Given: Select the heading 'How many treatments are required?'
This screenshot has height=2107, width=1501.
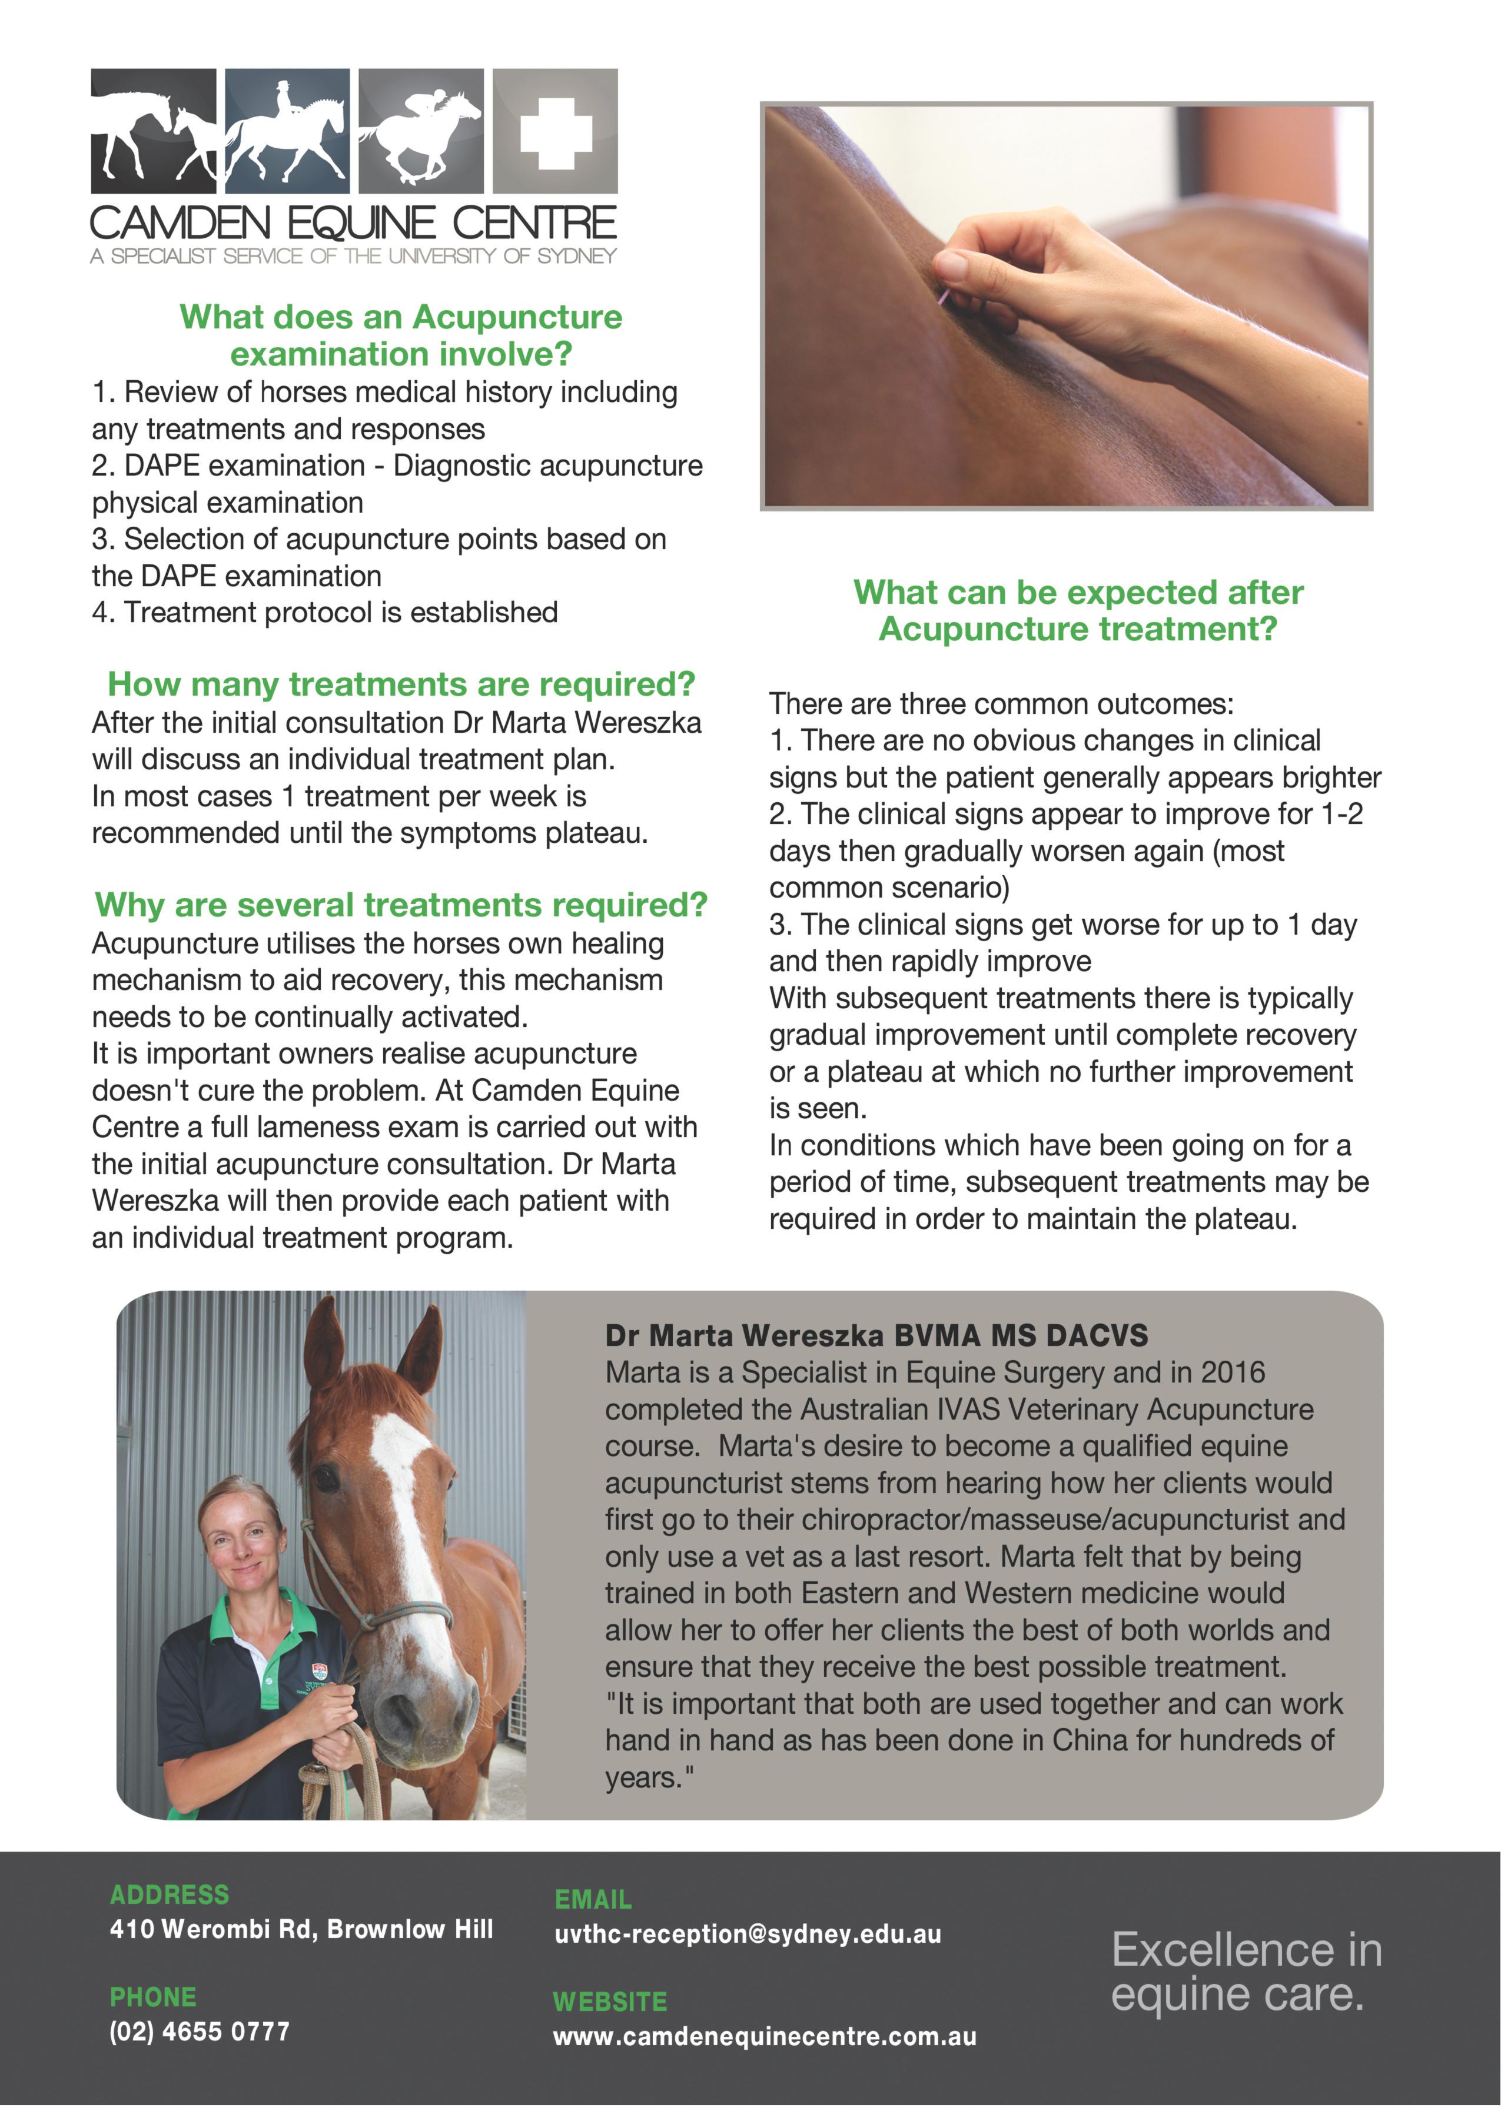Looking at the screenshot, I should click(x=401, y=684).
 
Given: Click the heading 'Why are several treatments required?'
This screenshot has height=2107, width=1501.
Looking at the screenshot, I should click(x=401, y=905).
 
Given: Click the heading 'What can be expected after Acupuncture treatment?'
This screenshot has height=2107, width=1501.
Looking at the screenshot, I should click(x=1078, y=610).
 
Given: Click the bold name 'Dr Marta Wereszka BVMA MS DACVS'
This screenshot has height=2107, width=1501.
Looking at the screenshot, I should click(x=876, y=1335).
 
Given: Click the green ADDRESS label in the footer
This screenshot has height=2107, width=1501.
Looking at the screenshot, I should click(x=169, y=1895).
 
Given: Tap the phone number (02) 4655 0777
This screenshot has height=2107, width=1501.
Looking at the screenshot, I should click(x=200, y=2031).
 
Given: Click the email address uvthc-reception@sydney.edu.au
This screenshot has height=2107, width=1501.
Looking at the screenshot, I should click(x=748, y=1934).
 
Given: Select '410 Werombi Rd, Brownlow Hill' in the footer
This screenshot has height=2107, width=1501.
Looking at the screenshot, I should click(x=301, y=1930).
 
